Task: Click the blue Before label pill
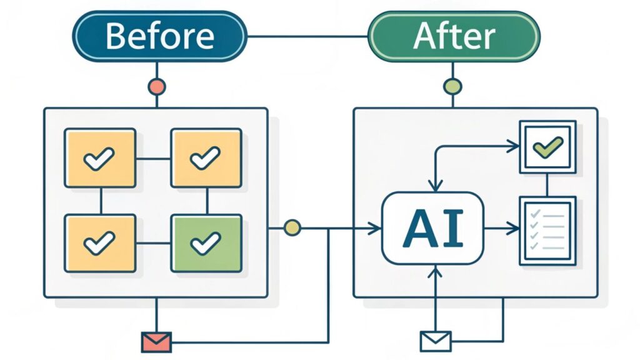(159, 36)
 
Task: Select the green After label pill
(453, 36)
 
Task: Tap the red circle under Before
(156, 86)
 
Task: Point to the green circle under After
(452, 86)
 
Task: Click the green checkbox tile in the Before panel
(206, 243)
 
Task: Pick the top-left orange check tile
(100, 158)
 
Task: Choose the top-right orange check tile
(206, 158)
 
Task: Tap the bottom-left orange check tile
(100, 243)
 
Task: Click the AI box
(432, 228)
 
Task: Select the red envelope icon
(156, 341)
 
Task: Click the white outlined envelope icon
(435, 341)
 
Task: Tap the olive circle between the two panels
(292, 228)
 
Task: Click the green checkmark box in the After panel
(547, 147)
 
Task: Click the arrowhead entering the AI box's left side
(376, 229)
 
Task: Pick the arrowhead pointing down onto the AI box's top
(435, 186)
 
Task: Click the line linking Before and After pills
(306, 36)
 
